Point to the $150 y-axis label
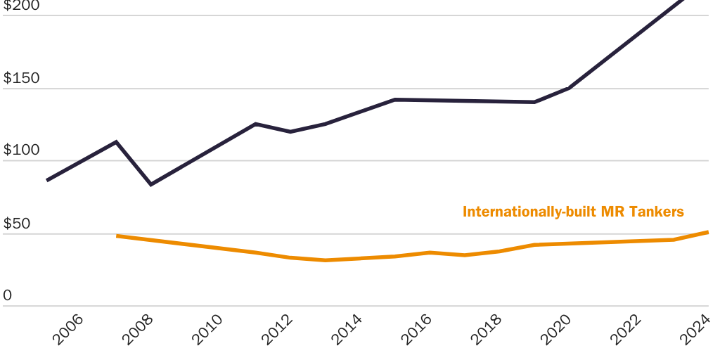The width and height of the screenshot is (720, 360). [22, 78]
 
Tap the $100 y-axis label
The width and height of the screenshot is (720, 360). [22, 151]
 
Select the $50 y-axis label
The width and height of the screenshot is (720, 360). [17, 224]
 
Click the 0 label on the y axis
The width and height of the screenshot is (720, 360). [8, 296]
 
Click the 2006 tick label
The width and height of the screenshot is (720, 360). [68, 329]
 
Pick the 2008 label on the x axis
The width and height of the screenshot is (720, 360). [138, 329]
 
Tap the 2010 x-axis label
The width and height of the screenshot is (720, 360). [207, 329]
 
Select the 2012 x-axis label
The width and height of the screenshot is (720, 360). [277, 329]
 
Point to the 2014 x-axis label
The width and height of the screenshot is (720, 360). [347, 329]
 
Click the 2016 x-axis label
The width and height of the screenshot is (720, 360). [416, 329]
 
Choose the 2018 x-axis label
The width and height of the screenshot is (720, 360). [486, 329]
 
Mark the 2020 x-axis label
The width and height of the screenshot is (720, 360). [555, 329]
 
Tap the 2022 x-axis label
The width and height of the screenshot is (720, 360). [625, 329]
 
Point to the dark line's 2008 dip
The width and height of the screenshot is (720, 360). [150, 184]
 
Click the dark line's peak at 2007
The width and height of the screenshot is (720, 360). [116, 142]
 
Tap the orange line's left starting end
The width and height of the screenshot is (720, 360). [117, 236]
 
